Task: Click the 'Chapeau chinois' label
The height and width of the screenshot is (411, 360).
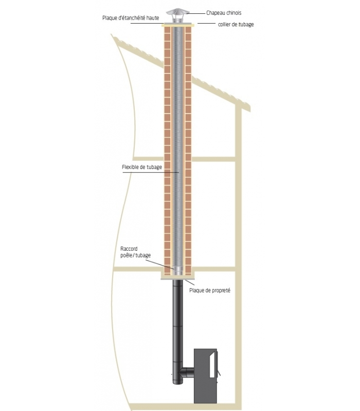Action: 224,13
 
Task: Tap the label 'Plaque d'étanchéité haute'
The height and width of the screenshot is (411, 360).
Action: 131,18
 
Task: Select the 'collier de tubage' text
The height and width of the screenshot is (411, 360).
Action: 236,24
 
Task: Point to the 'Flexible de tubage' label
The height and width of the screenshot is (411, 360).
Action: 142,167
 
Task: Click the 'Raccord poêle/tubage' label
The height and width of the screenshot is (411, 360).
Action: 135,252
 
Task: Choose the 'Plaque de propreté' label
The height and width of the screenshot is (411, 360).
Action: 210,290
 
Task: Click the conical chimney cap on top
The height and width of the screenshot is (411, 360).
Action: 177,12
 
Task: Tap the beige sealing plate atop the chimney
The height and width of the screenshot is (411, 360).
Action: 178,25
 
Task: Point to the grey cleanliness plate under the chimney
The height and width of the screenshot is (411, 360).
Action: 177,278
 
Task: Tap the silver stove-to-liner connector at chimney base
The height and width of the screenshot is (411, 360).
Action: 178,271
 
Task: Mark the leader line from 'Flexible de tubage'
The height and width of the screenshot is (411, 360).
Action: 151,172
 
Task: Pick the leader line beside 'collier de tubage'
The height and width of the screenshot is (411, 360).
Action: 207,23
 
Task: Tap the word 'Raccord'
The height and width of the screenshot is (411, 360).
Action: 129,249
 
